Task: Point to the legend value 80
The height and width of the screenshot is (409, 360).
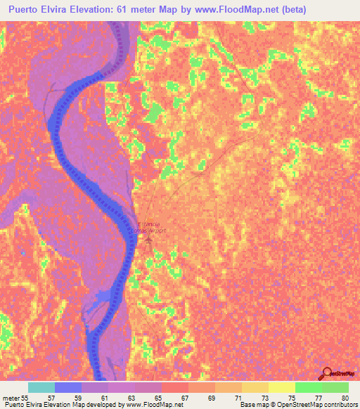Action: pos(344,398)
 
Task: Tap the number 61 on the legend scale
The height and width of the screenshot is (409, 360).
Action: pos(104,398)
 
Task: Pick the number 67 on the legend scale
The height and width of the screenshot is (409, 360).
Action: pos(184,398)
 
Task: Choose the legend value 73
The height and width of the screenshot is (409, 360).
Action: pos(264,398)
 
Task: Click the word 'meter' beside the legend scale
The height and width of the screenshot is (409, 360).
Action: pos(11,398)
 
